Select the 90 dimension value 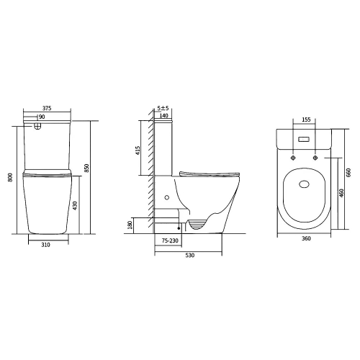tap(42, 117)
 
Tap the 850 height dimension tap(87, 168)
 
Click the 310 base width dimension tap(45, 245)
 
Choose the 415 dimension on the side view tap(138, 150)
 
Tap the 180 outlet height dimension tap(130, 225)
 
